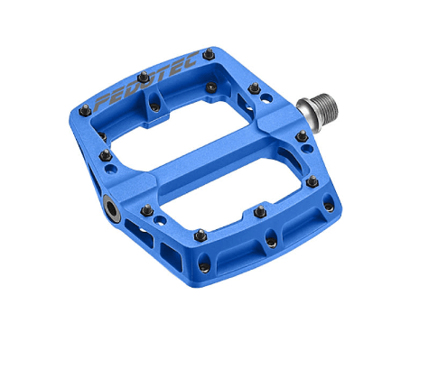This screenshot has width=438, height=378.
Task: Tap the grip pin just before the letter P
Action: (84, 109)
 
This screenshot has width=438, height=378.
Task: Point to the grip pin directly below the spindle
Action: (301, 137)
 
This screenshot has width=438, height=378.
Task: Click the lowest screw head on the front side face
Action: (205, 267)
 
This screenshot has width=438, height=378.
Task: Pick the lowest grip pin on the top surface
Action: (200, 235)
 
